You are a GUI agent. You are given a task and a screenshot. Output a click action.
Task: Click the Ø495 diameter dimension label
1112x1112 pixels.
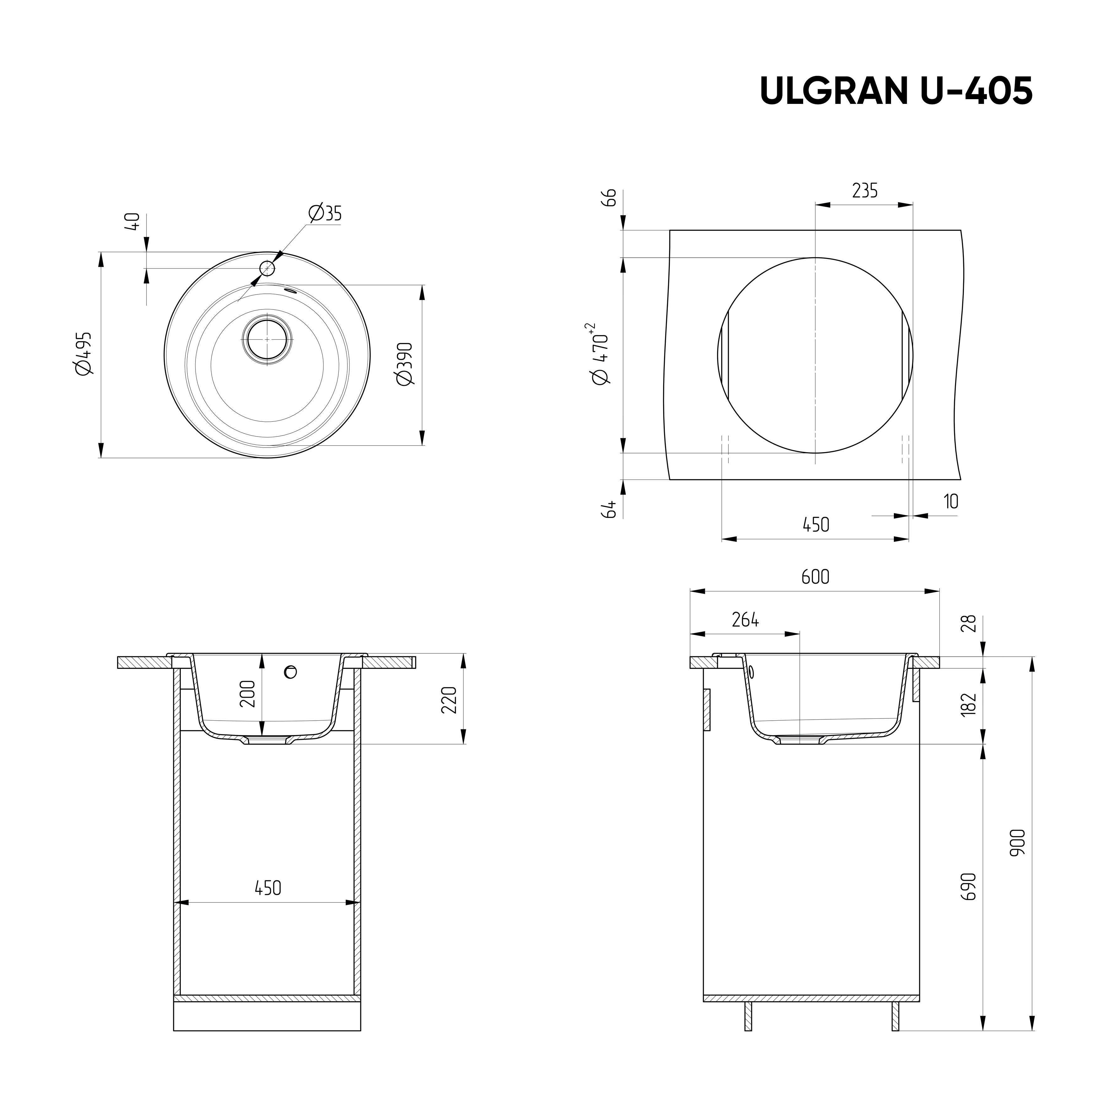tap(83, 354)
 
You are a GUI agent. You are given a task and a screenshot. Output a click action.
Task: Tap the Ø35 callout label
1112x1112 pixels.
tap(325, 213)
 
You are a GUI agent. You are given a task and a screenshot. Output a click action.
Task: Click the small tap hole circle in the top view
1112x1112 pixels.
tap(267, 268)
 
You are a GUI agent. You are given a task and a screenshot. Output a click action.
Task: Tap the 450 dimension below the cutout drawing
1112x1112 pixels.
tap(816, 524)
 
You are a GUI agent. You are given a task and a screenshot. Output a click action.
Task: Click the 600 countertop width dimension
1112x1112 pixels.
tap(815, 577)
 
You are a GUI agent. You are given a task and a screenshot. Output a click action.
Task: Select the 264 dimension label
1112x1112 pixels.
tap(745, 620)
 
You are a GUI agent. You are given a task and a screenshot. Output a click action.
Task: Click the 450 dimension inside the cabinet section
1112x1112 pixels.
tap(268, 888)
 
